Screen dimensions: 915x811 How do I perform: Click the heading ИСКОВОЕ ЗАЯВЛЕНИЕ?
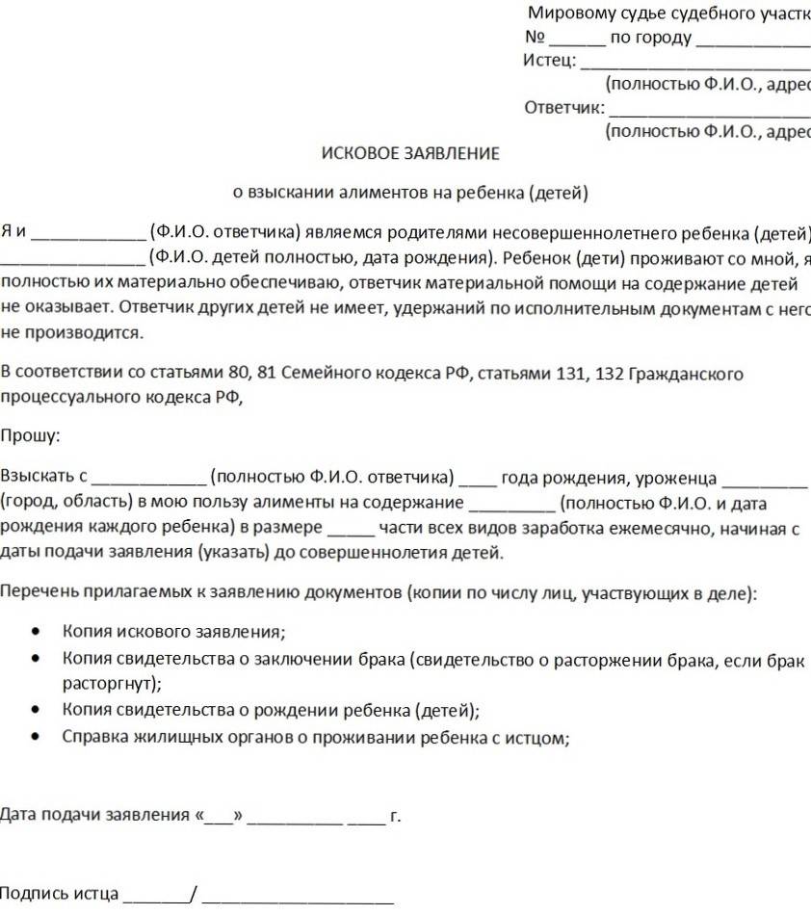pos(410,153)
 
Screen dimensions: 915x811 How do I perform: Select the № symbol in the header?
pos(535,39)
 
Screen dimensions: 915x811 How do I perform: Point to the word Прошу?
pos(29,435)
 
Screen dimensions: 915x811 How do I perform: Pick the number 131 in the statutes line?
pos(571,373)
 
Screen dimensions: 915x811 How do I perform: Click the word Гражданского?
pos(685,373)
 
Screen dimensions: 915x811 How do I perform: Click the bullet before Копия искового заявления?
pos(37,633)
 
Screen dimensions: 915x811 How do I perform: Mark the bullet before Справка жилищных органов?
pos(37,738)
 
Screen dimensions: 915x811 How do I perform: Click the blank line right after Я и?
pos(92,234)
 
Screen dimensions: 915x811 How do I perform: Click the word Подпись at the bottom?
pos(34,893)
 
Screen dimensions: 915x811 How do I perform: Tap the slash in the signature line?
pos(195,894)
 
